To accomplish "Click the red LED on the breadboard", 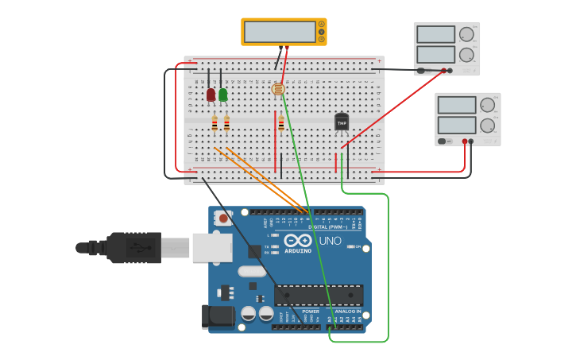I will coord(211,95).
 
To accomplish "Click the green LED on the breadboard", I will coord(223,95).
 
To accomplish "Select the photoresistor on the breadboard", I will coord(278,89).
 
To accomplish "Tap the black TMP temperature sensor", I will coord(342,122).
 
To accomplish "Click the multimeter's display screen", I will coord(280,31).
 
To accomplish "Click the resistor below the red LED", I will coord(215,122).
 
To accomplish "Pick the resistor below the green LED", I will coord(226,122).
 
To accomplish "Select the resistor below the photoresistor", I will coord(280,122).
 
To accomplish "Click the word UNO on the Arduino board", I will coord(330,241).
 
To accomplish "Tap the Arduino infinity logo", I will coord(298,240).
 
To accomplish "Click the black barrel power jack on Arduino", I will coord(217,315).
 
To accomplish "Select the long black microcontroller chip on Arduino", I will coord(319,295).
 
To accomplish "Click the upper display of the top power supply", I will coord(435,34).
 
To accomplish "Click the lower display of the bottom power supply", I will coord(457,126).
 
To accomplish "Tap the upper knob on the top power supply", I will coord(466,33).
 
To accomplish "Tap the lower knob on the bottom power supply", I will coord(487,125).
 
